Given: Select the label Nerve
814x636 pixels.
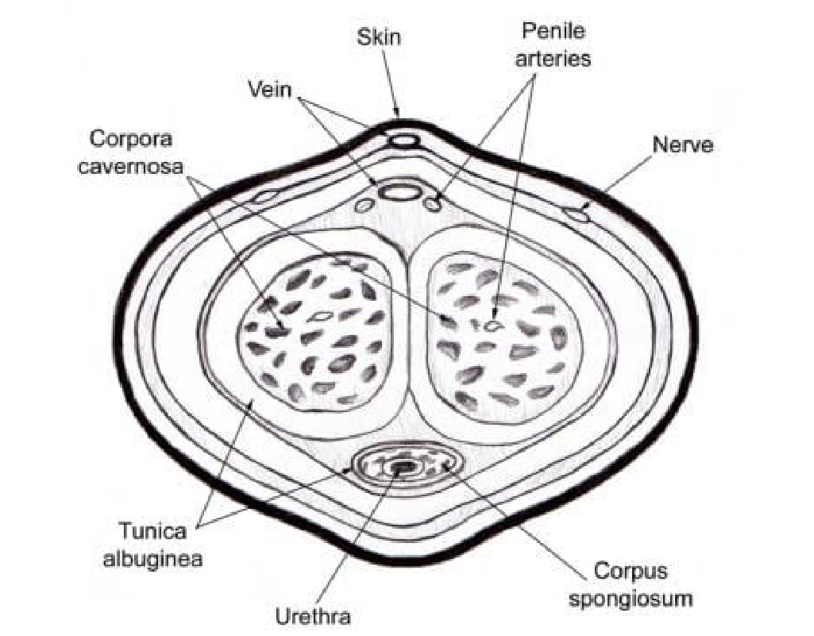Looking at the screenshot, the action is click(682, 146).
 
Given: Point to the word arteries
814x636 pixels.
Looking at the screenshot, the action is click(555, 59).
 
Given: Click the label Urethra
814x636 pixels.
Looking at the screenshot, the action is click(312, 615).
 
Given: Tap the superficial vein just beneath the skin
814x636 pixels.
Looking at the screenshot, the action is click(403, 141).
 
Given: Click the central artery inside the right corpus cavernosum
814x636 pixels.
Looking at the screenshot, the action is click(493, 324).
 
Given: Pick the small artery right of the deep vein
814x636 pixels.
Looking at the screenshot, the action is click(432, 204).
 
